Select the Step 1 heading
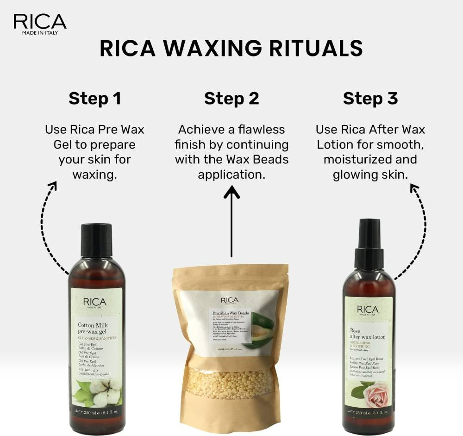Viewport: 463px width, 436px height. tap(95, 99)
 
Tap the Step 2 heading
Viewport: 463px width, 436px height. tap(231, 99)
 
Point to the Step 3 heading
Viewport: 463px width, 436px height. tap(370, 99)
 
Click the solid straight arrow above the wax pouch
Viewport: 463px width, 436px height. tap(231, 222)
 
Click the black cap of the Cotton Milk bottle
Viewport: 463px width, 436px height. tap(96, 240)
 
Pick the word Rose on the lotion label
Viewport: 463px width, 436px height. tap(355, 331)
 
